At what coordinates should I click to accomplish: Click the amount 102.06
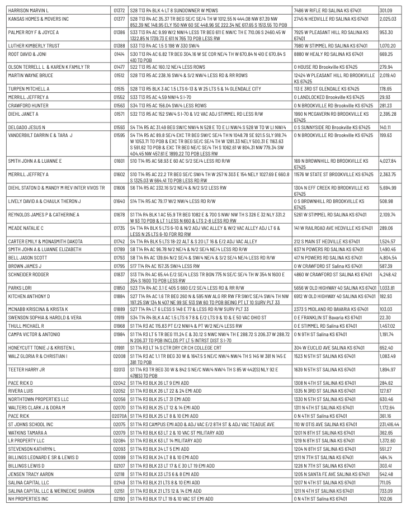(386, 498)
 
